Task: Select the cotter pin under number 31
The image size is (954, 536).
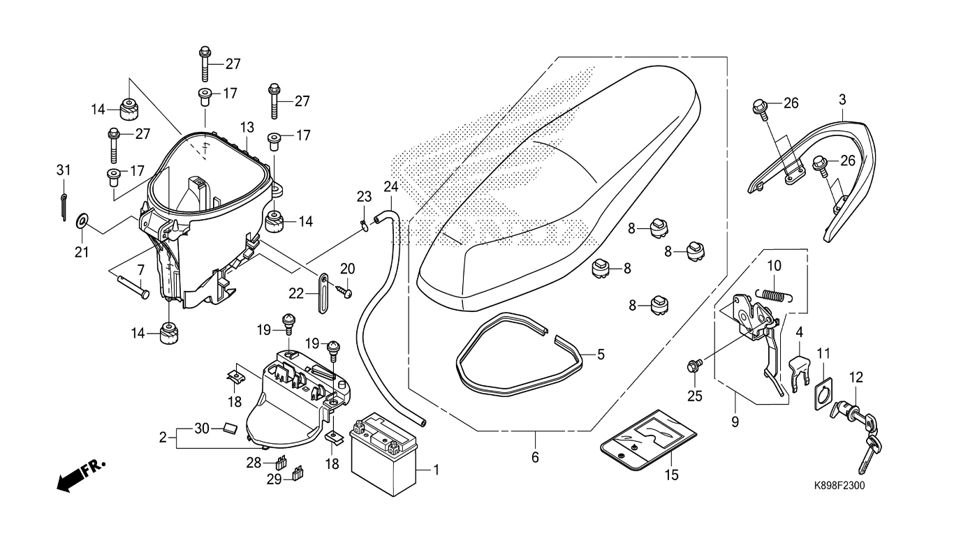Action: tap(64, 207)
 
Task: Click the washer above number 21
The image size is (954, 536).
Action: tap(81, 221)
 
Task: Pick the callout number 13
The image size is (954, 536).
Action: tap(247, 127)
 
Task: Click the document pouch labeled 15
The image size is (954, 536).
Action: tap(648, 441)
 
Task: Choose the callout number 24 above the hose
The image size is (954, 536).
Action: tap(391, 186)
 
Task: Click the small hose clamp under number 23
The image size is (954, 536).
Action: tap(364, 224)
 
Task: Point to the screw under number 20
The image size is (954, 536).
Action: tap(344, 292)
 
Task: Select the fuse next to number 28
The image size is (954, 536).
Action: tap(281, 462)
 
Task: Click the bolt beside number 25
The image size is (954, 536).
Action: tap(694, 365)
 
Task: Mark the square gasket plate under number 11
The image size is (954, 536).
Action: tap(823, 394)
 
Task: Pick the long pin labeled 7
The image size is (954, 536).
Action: tap(133, 286)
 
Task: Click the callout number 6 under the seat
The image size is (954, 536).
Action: tap(535, 457)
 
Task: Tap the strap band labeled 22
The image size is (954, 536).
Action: tap(323, 293)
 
